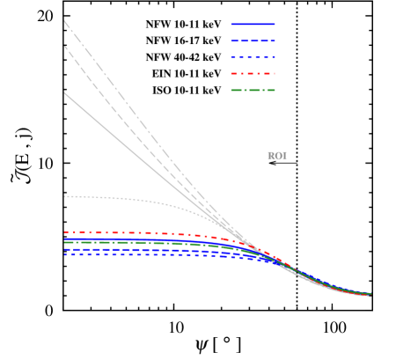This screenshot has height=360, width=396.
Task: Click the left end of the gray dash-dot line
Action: [x=64, y=19]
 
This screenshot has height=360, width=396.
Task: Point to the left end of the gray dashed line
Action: [x=64, y=46]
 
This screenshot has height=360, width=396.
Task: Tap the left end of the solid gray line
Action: [x=64, y=92]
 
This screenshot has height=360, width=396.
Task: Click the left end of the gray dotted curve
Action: [x=64, y=196]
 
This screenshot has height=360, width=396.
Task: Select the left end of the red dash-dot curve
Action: [x=64, y=232]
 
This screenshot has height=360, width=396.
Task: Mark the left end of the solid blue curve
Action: [x=64, y=239]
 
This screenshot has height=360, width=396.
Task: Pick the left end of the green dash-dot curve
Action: [x=64, y=242]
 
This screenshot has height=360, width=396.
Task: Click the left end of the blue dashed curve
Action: [x=64, y=249]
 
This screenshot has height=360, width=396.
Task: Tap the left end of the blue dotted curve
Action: [x=64, y=254]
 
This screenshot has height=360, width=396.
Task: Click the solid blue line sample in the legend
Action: [x=253, y=24]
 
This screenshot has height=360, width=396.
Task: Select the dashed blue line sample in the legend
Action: [x=253, y=40]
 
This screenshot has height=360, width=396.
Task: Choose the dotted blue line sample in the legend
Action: [x=253, y=57]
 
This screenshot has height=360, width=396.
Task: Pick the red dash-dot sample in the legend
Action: [x=253, y=73]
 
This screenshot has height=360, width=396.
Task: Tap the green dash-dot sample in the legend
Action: [x=253, y=90]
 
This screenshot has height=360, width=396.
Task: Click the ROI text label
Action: [x=277, y=156]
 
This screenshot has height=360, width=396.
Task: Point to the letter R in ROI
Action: [x=271, y=156]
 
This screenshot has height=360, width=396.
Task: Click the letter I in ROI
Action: [x=284, y=156]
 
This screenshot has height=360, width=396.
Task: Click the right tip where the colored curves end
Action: [x=370, y=294]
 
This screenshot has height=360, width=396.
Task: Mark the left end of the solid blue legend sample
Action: [x=231, y=24]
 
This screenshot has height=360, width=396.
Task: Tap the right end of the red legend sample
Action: [x=275, y=73]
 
